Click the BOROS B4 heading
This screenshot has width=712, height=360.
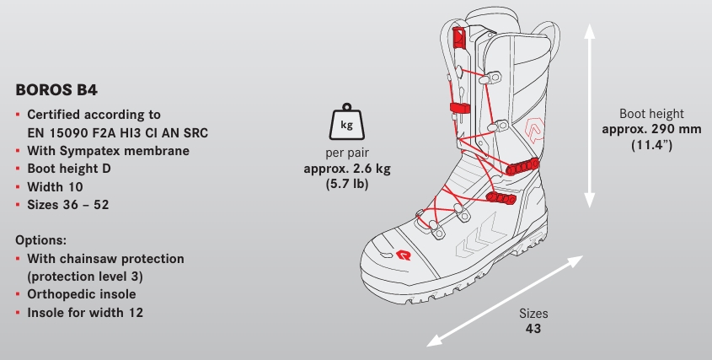pyautogui.click(x=56, y=90)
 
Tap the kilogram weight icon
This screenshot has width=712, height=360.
pyautogui.click(x=347, y=121)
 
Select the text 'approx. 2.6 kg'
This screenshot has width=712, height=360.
pyautogui.click(x=347, y=169)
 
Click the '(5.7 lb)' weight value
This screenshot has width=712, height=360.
pyautogui.click(x=347, y=184)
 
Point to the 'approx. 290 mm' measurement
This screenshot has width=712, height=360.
pyautogui.click(x=651, y=129)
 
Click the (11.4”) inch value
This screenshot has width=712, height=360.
pyautogui.click(x=651, y=145)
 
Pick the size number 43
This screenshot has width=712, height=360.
pyautogui.click(x=533, y=329)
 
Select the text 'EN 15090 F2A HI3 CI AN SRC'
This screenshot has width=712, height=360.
pyautogui.click(x=118, y=132)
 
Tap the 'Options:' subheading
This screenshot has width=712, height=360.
pyautogui.click(x=41, y=240)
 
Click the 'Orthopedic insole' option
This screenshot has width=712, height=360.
pyautogui.click(x=81, y=294)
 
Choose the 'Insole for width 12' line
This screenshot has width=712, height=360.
pyautogui.click(x=85, y=313)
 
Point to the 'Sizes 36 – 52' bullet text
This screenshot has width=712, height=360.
pyautogui.click(x=68, y=205)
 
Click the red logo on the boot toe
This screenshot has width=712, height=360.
pyautogui.click(x=404, y=255)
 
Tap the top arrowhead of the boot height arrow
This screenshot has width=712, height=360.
pyautogui.click(x=589, y=31)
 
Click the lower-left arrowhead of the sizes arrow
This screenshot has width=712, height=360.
pyautogui.click(x=434, y=341)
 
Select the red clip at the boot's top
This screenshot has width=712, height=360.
pyautogui.click(x=458, y=37)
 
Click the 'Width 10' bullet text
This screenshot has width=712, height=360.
pyautogui.click(x=55, y=187)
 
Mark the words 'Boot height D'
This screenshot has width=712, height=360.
pyautogui.click(x=69, y=169)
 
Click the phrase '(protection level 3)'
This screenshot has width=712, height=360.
pyautogui.click(x=85, y=277)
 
